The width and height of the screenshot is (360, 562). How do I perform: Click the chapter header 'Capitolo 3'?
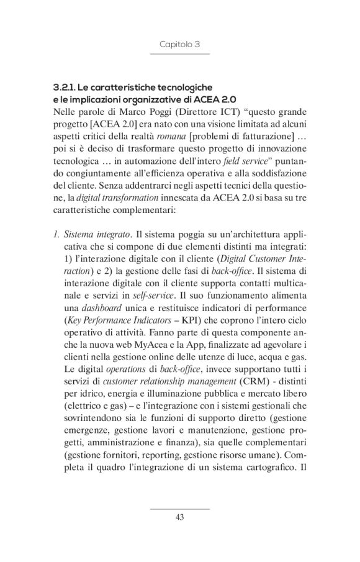pos(179,45)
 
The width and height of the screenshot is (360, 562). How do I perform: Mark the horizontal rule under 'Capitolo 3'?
pos(179,55)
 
